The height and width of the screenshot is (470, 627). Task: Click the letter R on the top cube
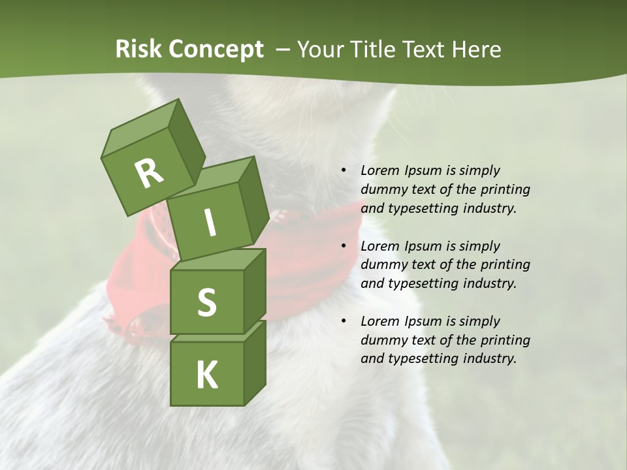point(149,174)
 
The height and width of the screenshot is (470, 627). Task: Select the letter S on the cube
point(206,302)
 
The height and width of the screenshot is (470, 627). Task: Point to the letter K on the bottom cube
point(206,375)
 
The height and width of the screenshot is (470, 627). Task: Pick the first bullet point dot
point(344,170)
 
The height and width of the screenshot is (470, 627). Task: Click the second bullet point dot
point(344,246)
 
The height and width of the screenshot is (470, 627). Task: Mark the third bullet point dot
point(344,321)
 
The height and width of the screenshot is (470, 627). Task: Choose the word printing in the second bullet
point(505,264)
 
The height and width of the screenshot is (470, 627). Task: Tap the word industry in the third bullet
point(490,358)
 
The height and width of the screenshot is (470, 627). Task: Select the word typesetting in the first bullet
point(424,208)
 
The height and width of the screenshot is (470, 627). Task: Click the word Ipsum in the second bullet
point(424,246)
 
